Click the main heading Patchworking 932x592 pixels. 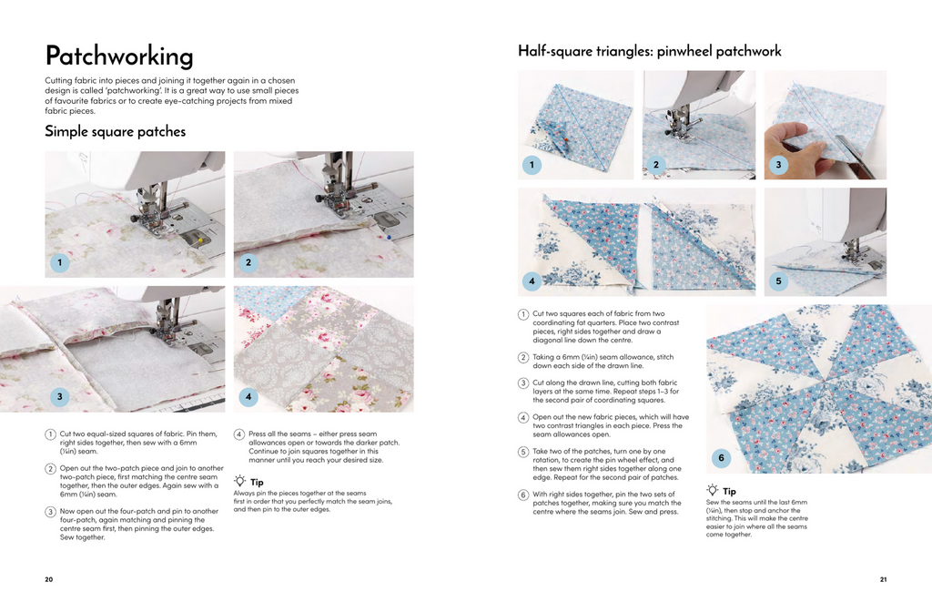[x=119, y=56]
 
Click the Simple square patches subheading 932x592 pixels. [x=115, y=132]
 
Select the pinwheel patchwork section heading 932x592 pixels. [x=650, y=51]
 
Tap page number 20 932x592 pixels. [x=49, y=579]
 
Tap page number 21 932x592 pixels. [x=883, y=579]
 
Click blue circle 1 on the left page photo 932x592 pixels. [x=59, y=263]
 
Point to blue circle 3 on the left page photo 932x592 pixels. [x=59, y=396]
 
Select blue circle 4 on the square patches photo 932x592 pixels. [x=248, y=396]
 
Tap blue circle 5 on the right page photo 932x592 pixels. [x=778, y=281]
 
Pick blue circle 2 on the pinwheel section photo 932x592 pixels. [x=655, y=165]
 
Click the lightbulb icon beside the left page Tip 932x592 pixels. [x=239, y=480]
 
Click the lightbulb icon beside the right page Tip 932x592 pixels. [x=713, y=490]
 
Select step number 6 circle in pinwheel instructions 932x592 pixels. [x=523, y=495]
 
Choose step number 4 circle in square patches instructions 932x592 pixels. [x=238, y=434]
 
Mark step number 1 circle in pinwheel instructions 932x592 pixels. [x=523, y=314]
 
